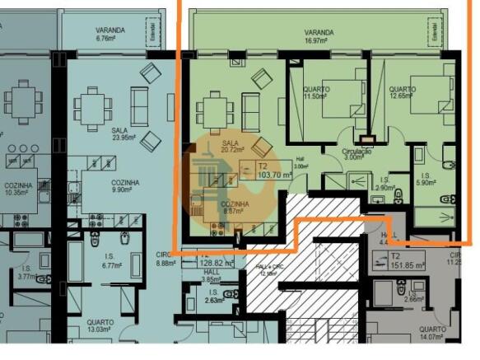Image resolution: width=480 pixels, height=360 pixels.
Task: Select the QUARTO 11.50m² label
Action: pos(316,93)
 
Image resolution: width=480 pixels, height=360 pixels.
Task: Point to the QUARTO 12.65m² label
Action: pos(402,93)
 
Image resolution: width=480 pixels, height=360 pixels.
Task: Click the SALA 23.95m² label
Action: pos(122,134)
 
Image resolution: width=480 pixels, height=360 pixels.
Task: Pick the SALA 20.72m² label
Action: pos(231,147)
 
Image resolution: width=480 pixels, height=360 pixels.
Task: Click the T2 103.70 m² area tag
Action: pos(254,170)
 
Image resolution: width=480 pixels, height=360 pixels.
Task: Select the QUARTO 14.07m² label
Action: pos(431,333)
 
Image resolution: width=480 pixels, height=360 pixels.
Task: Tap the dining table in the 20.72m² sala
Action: pos(212,107)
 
